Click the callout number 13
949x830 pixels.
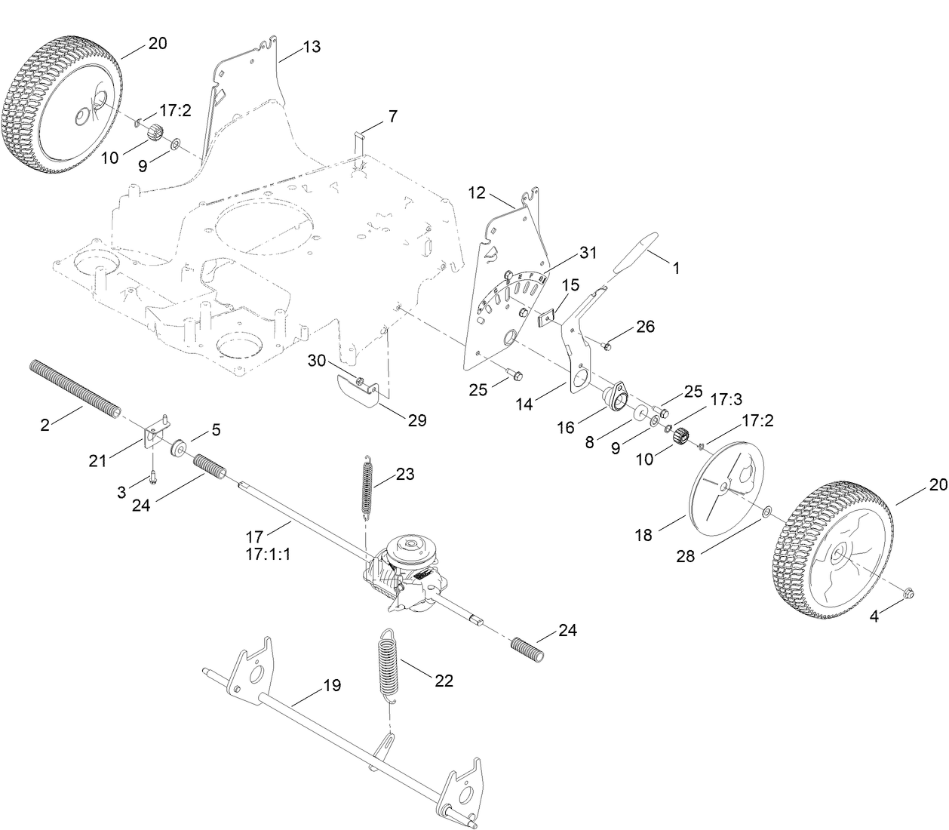(312, 47)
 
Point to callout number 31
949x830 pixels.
(587, 253)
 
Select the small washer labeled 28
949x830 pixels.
(766, 512)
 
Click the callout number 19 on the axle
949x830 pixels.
(332, 685)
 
